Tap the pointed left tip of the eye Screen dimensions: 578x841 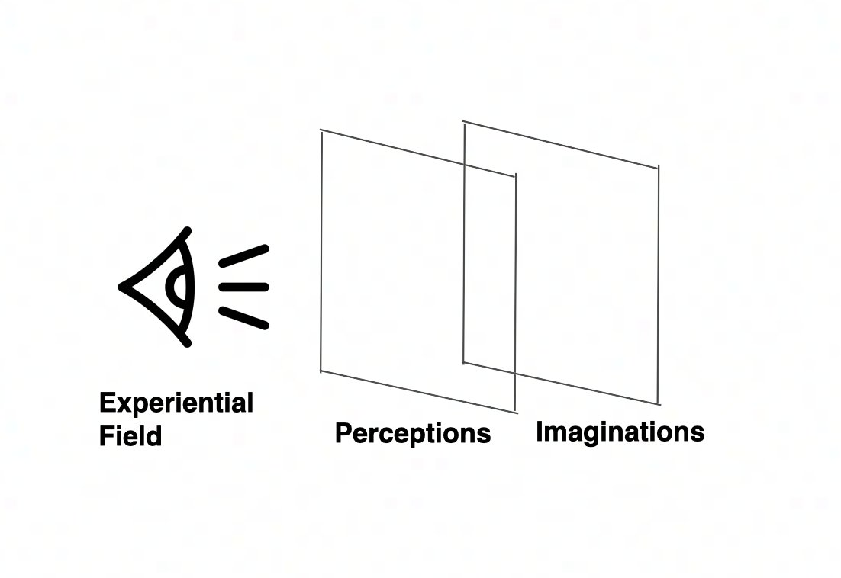click(x=122, y=287)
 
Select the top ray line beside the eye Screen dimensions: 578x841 click(x=243, y=255)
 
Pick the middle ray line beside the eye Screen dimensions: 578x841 click(x=243, y=287)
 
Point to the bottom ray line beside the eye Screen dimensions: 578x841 click(x=243, y=317)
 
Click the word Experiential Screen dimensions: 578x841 click(x=176, y=403)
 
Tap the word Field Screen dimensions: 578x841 click(x=130, y=436)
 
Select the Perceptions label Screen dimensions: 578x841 click(x=413, y=433)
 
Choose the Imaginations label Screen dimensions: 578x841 click(x=620, y=432)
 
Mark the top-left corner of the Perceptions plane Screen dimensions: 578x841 click(x=321, y=131)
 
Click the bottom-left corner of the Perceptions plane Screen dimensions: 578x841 click(x=321, y=371)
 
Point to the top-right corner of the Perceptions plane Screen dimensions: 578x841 click(x=516, y=176)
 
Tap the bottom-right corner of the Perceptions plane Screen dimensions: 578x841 click(x=516, y=413)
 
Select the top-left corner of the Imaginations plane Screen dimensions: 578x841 click(x=464, y=122)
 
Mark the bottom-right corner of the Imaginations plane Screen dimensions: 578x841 click(x=658, y=403)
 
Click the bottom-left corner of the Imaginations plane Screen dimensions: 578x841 click(x=464, y=362)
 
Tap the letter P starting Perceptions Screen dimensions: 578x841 click(x=343, y=433)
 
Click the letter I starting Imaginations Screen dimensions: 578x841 click(x=540, y=431)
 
